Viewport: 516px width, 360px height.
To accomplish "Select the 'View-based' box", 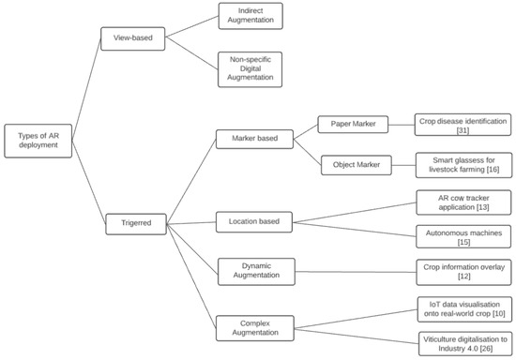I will [x=132, y=40].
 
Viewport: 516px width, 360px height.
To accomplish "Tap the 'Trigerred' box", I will [x=132, y=223].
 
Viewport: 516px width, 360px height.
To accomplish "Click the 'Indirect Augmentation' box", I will [x=250, y=16].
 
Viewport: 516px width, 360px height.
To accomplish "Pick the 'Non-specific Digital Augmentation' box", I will [x=250, y=69].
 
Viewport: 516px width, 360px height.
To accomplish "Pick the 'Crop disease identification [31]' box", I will [x=463, y=126].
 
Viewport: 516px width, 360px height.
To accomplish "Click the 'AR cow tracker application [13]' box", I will [x=463, y=202].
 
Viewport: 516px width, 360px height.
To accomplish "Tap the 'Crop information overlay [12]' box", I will [x=463, y=272].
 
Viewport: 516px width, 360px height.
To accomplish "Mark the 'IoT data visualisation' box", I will [x=463, y=308].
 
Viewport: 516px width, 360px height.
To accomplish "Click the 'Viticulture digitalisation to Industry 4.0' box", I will [x=463, y=343].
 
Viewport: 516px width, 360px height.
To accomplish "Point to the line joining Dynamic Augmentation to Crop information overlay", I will [x=355, y=272].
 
